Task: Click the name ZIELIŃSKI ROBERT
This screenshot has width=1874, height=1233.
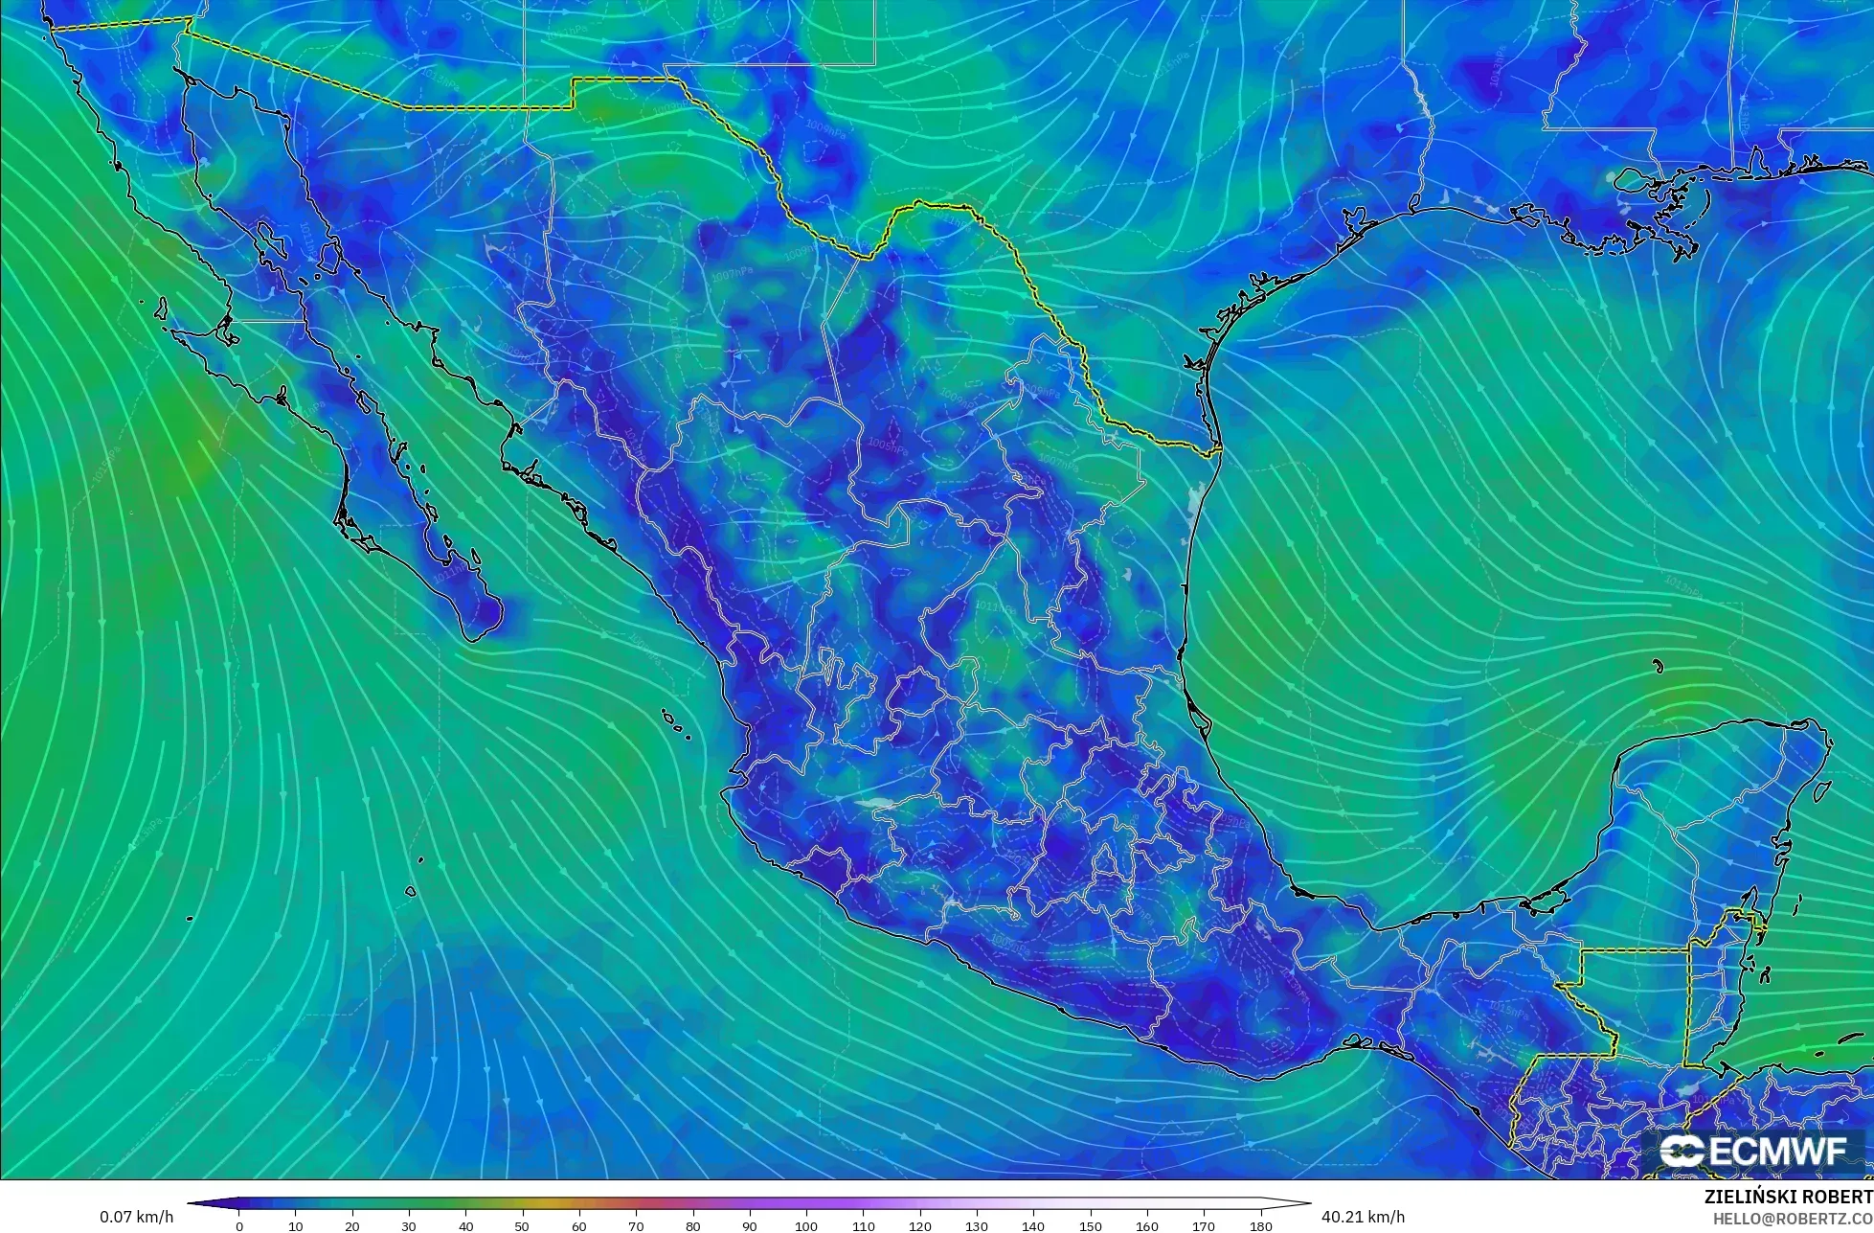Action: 1788,1198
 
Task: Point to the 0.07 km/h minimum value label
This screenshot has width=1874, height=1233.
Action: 136,1217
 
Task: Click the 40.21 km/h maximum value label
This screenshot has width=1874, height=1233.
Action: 1363,1217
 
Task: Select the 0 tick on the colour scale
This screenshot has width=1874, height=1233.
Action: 239,1226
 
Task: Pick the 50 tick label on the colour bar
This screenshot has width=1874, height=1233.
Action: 523,1226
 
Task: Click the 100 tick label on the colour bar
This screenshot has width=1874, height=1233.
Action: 806,1226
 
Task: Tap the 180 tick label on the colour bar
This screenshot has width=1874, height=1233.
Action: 1261,1226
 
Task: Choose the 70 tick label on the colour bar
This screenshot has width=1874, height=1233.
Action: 636,1226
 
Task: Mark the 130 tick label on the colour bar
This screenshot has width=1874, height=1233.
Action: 977,1226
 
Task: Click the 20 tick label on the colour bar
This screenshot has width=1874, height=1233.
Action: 352,1226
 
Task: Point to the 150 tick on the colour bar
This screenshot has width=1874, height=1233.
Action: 1091,1226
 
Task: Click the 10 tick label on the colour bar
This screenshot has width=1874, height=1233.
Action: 296,1226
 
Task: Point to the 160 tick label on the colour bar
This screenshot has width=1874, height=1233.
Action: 1147,1226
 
